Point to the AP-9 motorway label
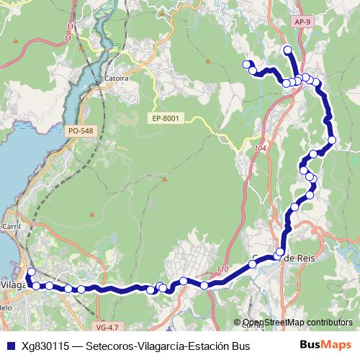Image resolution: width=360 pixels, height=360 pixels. (x=303, y=42)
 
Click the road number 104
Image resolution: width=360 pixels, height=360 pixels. (x=260, y=148)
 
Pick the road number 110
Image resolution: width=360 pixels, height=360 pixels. (x=221, y=270)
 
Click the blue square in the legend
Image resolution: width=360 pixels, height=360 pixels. (x=9, y=347)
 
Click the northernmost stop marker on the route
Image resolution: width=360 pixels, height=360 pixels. (x=287, y=50)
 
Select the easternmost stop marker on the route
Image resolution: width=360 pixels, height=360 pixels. (x=332, y=140)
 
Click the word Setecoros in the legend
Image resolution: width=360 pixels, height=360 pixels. (x=109, y=347)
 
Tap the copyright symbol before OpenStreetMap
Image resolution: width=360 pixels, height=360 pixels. (x=238, y=323)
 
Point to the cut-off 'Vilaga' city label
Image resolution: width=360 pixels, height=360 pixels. (x=12, y=284)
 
